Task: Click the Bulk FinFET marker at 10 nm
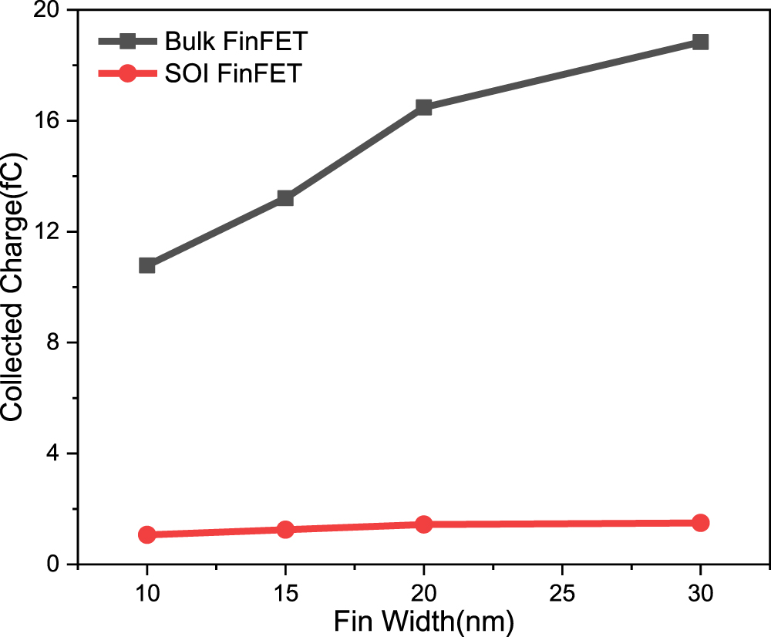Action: [147, 265]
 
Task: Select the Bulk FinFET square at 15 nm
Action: [285, 198]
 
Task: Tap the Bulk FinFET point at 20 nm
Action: [423, 107]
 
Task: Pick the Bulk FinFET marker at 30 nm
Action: [700, 42]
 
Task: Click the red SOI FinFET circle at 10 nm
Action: [147, 534]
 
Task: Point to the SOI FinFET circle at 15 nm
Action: [285, 530]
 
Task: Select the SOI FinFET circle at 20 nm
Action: [423, 524]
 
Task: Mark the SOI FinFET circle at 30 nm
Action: [700, 523]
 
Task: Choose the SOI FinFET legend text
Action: [227, 75]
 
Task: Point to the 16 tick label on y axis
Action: [51, 121]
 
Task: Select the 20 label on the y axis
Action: [51, 11]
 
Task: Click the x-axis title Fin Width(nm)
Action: [423, 622]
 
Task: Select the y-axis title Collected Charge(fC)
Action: [14, 287]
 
